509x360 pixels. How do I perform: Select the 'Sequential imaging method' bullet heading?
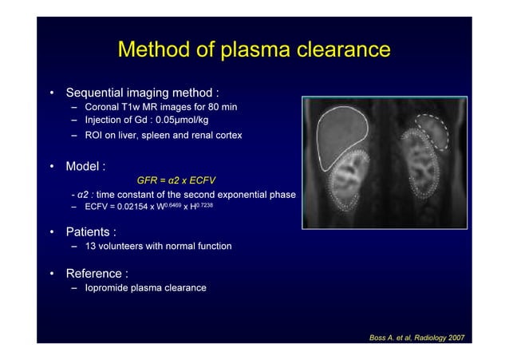tap(141, 93)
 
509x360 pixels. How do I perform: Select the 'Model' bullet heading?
tap(85, 168)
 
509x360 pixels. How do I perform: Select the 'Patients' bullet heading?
tap(90, 232)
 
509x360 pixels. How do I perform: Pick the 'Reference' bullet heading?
tap(97, 274)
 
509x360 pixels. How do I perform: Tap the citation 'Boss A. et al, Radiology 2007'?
tap(416, 338)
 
